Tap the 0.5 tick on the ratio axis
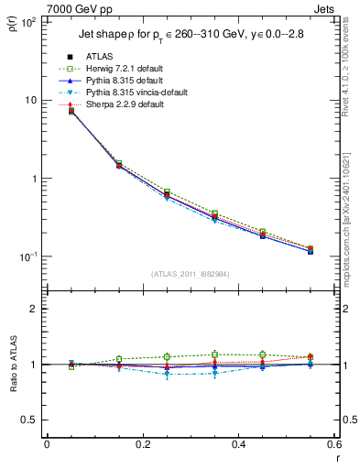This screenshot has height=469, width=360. coord(29,420)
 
